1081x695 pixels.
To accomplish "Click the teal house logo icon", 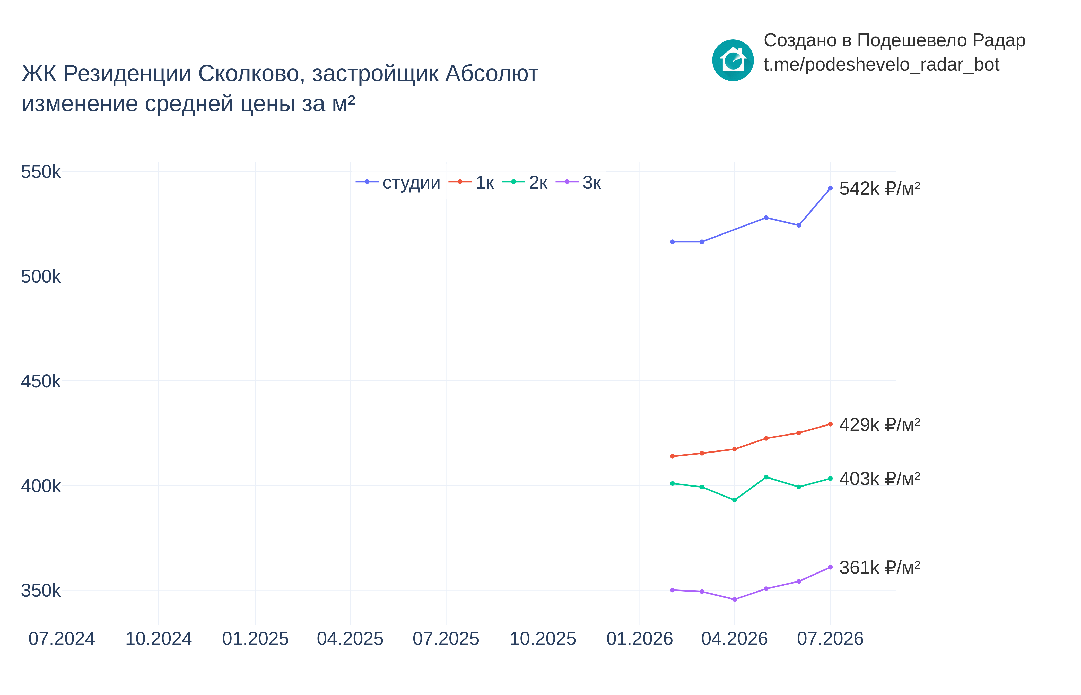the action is [733, 60].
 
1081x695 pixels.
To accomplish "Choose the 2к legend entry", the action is [525, 182].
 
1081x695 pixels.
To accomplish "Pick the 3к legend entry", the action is [578, 182].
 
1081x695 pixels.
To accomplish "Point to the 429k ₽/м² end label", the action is [879, 425].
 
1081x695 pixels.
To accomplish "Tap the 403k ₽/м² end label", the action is [879, 479].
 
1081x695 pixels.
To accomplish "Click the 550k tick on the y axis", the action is [41, 172].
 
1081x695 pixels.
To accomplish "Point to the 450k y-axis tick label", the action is [41, 381].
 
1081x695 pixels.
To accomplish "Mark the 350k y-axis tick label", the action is [41, 591].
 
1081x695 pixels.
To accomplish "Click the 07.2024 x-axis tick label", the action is [62, 639].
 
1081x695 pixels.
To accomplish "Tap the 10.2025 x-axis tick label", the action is [543, 639].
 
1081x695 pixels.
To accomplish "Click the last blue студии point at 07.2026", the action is [830, 188].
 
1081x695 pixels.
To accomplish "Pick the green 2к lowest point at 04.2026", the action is [735, 500].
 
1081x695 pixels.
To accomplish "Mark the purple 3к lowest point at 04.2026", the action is [735, 599].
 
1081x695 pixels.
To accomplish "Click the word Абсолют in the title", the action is [492, 74].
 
